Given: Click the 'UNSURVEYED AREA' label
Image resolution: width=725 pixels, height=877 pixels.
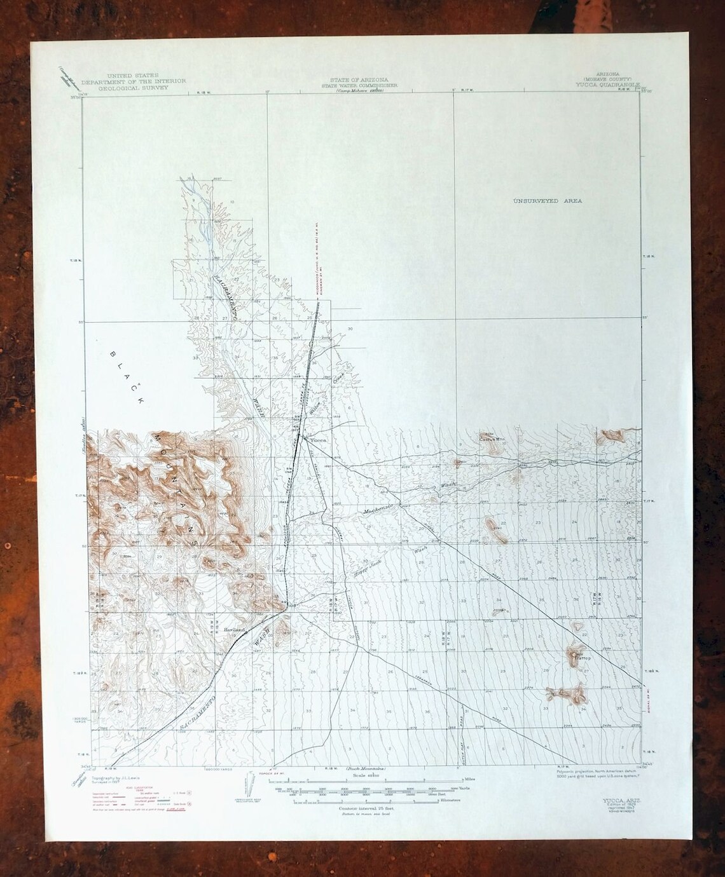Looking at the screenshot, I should coord(548,201).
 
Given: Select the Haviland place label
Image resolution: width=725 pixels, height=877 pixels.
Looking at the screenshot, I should coord(234,629).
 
